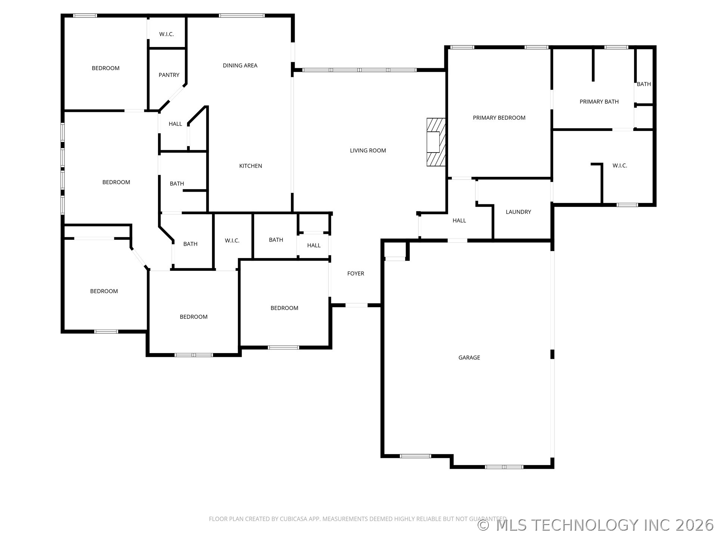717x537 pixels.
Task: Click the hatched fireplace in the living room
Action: point(436,142)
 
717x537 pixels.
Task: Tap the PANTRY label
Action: point(169,75)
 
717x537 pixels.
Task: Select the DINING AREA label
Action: point(240,66)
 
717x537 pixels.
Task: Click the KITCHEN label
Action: point(250,166)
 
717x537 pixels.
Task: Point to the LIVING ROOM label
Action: point(367,151)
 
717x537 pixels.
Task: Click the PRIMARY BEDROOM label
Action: point(499,118)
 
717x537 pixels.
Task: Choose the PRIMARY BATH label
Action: point(599,102)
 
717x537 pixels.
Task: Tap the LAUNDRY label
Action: point(518,212)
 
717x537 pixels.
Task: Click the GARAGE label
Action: point(469,358)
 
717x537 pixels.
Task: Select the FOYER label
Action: point(356,274)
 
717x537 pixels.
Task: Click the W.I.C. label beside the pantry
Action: point(166,34)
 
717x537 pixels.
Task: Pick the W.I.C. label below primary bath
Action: point(619,166)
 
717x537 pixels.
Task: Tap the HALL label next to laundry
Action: point(459,220)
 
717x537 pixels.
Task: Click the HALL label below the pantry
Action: point(175,124)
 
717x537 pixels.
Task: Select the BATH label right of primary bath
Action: point(643,84)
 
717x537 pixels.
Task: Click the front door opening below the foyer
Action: point(356,305)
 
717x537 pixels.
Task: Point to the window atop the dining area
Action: point(242,16)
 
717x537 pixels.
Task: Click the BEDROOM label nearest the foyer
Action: point(284,308)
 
